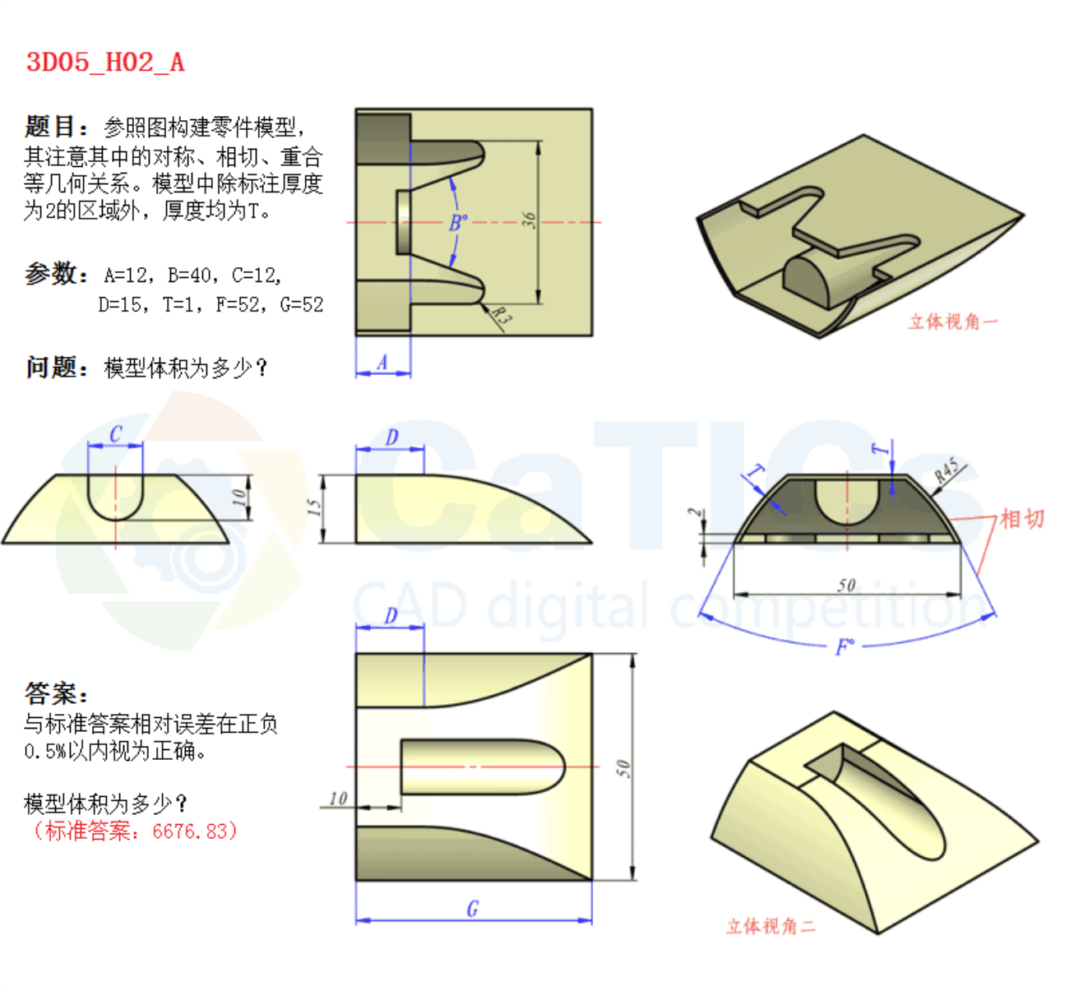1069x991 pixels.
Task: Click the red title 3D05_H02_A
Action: point(105,63)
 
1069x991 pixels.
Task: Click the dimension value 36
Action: point(530,220)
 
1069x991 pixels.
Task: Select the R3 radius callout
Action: point(501,316)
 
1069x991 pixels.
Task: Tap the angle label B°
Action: point(459,222)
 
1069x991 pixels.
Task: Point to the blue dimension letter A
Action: point(382,362)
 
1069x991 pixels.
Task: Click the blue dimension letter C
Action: point(116,434)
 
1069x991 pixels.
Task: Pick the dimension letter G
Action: point(473,909)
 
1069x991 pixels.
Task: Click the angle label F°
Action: point(845,646)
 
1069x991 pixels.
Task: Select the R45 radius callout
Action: point(946,470)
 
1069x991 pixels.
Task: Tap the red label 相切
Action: point(1022,519)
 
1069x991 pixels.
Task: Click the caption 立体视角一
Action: point(953,322)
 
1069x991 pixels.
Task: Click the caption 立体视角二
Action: point(771,926)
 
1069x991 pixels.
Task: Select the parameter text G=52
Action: point(302,305)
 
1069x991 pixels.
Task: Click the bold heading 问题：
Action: point(57,368)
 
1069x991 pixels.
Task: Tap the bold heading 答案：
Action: point(56,693)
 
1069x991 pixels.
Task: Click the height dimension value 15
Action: point(313,507)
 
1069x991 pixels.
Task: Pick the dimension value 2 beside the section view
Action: point(694,512)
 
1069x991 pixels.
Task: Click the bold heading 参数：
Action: point(56,274)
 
